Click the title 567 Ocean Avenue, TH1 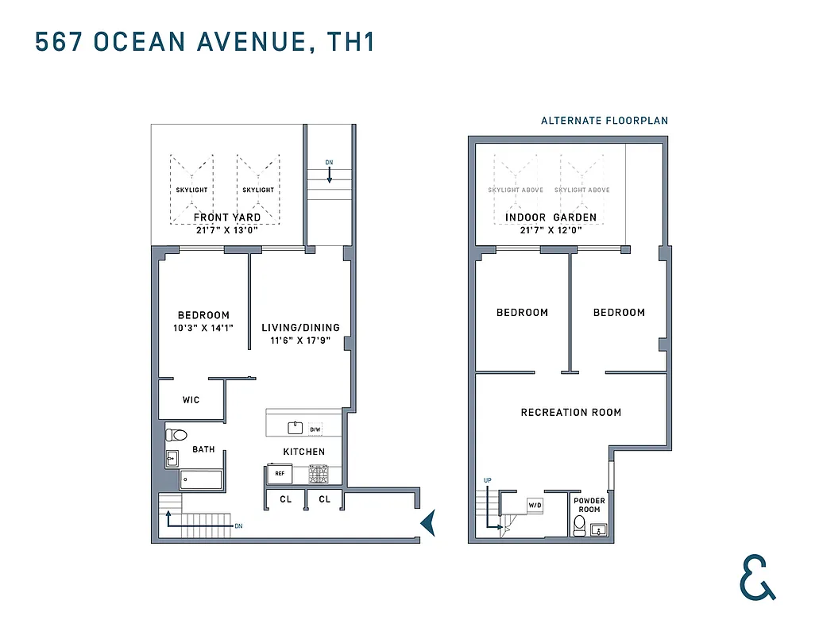click(204, 42)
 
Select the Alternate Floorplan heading click(604, 121)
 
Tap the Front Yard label click(227, 217)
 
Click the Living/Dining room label click(300, 328)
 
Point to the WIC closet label click(191, 400)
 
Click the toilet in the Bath click(176, 435)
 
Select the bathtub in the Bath click(201, 479)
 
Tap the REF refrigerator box click(280, 474)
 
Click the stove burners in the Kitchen click(319, 475)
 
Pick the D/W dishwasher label click(315, 429)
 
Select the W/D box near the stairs click(535, 505)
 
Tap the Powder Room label click(589, 505)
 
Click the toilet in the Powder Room click(580, 525)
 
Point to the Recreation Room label click(570, 413)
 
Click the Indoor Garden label click(551, 217)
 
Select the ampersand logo click(757, 577)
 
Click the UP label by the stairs click(489, 480)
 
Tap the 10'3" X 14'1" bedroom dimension click(203, 327)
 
